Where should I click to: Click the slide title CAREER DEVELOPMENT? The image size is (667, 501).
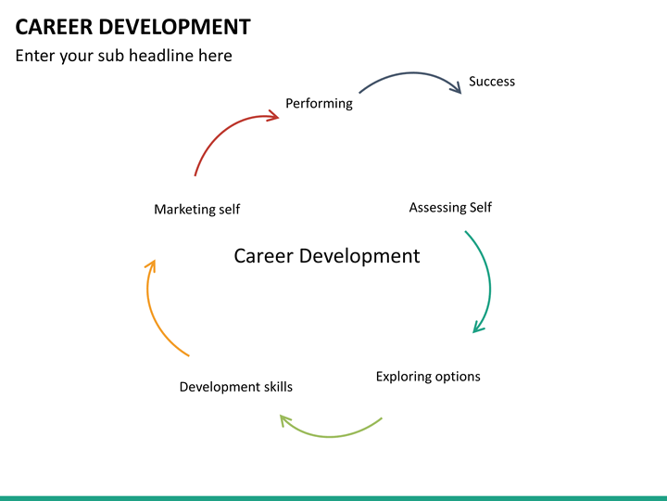click(132, 26)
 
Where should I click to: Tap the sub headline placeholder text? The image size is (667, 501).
click(123, 56)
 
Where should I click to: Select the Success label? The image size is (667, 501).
click(491, 82)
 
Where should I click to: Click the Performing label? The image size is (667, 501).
click(319, 103)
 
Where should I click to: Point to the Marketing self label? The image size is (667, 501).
click(196, 210)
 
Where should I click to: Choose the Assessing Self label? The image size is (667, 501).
click(450, 207)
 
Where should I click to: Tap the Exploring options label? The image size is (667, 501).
click(428, 377)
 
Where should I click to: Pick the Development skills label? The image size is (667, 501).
click(235, 387)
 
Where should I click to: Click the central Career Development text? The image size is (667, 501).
click(326, 255)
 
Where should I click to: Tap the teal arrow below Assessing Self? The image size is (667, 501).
click(487, 278)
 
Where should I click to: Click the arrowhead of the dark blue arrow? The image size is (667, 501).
click(456, 89)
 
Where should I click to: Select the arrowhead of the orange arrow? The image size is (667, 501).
click(151, 266)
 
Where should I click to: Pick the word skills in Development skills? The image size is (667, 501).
click(276, 387)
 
